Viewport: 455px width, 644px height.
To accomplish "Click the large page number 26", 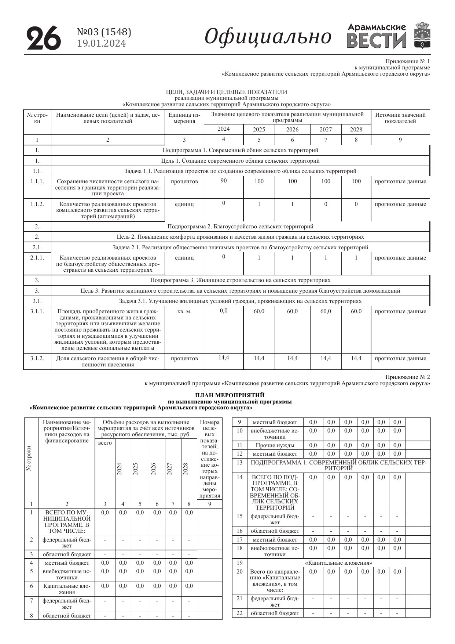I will click(x=44, y=38).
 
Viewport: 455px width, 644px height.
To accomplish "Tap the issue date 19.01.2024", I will click(x=101, y=44).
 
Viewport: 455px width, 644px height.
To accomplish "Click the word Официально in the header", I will click(x=268, y=37).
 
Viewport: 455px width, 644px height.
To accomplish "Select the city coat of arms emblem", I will click(x=422, y=36).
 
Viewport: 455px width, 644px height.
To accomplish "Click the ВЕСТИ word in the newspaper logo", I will click(x=377, y=41).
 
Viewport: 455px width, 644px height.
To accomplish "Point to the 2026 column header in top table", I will click(x=292, y=130).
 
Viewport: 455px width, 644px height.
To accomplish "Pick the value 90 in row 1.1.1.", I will click(x=224, y=181).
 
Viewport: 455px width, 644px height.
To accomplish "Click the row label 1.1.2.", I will click(x=37, y=204).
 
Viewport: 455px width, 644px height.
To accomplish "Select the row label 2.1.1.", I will click(x=37, y=258).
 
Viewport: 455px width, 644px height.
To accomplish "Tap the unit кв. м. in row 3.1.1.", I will click(x=184, y=311).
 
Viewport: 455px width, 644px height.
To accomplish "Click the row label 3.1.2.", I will click(x=37, y=358).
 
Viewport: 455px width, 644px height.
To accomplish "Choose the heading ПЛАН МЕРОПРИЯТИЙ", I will click(x=230, y=395).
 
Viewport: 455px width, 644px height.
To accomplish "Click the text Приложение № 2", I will click(x=407, y=377).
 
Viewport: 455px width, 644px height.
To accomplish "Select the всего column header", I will click(x=105, y=443).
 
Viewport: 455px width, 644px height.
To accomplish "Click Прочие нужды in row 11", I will click(x=275, y=445).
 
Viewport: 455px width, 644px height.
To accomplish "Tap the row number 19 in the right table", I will click(x=239, y=563).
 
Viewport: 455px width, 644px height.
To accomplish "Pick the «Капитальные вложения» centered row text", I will click(x=338, y=563).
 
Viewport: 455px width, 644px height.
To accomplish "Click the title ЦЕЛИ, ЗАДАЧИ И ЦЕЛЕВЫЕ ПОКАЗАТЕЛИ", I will click(x=226, y=92).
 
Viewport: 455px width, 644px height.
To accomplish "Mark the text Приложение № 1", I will click(x=407, y=61).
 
